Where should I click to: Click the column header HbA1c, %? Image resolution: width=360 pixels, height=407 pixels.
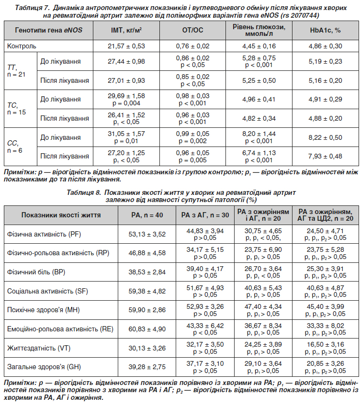coord(325,30)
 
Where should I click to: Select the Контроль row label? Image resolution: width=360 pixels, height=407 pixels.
coord(22,46)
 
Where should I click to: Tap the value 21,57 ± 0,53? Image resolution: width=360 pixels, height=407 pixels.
coord(126,46)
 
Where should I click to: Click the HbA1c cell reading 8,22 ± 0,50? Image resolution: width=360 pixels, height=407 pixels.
coord(325,138)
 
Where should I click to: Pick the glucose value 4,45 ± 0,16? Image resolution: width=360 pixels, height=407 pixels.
coord(259,46)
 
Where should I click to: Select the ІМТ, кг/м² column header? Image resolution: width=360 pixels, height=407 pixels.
coord(126,30)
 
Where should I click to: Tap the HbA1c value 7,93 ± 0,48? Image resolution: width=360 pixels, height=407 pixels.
coord(325,156)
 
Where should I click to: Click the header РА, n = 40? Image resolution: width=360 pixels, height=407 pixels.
coord(147,215)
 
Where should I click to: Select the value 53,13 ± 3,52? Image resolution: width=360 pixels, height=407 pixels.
coord(147,234)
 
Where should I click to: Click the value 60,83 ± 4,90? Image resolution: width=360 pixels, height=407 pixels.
coord(147,329)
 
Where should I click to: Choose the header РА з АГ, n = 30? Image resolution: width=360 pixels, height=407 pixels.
coord(205,215)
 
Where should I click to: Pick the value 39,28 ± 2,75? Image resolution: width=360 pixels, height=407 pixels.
coord(147,367)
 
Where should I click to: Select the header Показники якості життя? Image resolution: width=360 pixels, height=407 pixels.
coord(61,215)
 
